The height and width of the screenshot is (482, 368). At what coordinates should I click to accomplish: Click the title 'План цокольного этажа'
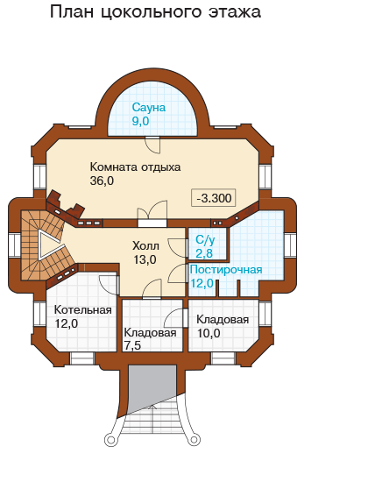155,13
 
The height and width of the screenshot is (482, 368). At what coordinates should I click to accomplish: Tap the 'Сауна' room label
149,108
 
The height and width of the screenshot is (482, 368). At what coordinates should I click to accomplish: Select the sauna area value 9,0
140,122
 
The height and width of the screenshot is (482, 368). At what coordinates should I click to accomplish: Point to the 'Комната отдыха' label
135,167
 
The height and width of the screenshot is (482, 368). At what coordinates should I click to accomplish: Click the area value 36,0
102,181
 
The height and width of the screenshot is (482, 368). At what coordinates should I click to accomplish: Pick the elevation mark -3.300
214,198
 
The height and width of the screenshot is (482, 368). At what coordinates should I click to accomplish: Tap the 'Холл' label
145,246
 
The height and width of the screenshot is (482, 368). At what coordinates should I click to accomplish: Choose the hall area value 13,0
145,259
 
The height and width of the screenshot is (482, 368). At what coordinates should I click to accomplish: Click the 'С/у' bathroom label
205,240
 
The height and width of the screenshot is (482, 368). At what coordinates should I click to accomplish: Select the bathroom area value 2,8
204,253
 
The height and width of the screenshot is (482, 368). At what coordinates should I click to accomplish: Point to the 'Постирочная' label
226,270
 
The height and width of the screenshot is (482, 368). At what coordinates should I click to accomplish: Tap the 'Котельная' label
83,310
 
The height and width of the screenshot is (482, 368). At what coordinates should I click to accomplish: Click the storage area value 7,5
132,345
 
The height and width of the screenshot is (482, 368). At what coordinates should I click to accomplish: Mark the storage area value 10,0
209,333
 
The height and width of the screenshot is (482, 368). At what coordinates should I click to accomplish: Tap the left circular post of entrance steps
110,440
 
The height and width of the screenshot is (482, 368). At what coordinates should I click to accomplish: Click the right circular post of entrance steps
195,440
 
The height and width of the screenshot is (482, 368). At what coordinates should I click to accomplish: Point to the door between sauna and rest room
152,145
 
